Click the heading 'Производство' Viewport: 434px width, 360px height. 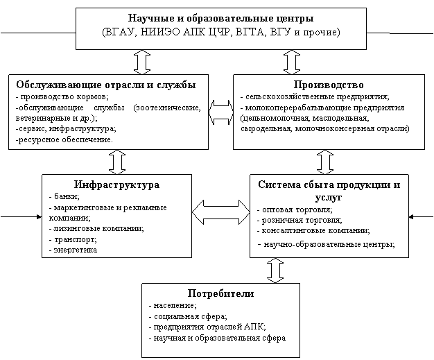point(329,85)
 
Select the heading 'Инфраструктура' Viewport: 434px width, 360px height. point(116,185)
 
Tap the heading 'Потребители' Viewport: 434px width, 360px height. point(220,293)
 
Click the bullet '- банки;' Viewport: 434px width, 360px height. point(64,196)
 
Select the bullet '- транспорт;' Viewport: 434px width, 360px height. point(73,239)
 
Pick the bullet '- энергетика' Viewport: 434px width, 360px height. point(73,250)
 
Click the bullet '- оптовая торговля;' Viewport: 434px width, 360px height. point(295,209)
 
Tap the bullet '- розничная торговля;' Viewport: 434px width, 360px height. point(300,220)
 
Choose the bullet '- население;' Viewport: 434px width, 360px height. point(173,305)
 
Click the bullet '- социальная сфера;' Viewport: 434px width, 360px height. point(188,316)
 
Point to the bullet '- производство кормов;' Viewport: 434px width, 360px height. point(62,96)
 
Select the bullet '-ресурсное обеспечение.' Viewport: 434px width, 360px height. point(64,139)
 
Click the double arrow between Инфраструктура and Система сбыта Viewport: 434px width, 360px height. point(221,212)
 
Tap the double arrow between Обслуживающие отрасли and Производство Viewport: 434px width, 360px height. point(221,112)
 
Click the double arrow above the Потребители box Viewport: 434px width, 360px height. point(275,271)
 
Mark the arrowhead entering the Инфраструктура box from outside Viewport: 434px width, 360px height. point(40,216)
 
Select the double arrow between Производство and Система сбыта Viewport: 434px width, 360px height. point(325,162)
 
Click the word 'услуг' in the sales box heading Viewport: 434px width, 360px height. point(329,198)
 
